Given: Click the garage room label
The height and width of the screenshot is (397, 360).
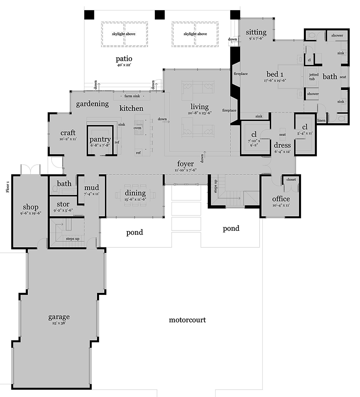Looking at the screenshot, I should pos(59,317).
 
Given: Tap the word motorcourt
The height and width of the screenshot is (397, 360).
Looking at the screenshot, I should pos(187,320).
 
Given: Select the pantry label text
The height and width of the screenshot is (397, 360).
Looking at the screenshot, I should pos(100,140).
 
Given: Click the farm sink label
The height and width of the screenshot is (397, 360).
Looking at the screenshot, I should pos(132,96).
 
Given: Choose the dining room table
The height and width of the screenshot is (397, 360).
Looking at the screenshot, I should pos(135,195).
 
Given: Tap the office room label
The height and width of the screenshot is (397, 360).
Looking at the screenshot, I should pos(281,199).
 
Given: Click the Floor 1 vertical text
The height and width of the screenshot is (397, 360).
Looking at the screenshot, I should pos(8,187).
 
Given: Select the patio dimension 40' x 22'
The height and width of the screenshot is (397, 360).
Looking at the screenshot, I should pos(124,65).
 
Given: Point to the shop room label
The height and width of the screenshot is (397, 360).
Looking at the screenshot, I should pos(31,207).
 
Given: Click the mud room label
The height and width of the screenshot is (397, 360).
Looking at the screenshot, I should pos(91,188).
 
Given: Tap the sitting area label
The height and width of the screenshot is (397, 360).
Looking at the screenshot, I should pos(256,32).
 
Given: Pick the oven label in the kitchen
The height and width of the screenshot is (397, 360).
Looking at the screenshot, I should pos(137,128).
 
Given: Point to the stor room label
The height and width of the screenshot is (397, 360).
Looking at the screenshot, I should pos(63,204).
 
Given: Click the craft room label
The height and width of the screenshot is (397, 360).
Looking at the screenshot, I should pos(68,133).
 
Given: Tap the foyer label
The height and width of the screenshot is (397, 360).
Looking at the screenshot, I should pos(185,164).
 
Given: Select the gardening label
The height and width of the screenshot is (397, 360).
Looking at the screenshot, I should pos(92,104).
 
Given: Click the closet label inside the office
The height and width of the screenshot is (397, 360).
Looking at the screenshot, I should pos(291,179).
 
